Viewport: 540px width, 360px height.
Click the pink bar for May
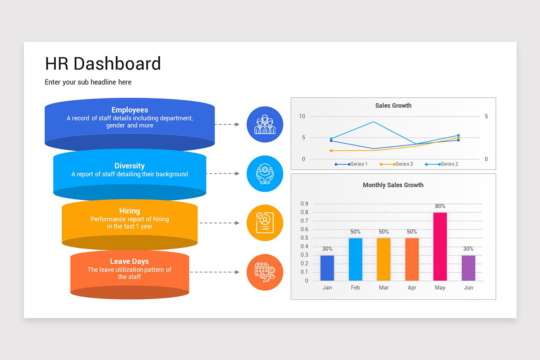440,247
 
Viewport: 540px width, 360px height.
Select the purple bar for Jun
468,268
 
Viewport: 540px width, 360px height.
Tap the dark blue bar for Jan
327,268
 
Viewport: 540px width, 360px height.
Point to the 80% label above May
440,206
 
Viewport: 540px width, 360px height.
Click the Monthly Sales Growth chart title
393,185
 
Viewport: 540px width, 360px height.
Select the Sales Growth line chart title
393,106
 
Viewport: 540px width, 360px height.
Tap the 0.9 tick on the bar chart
304,204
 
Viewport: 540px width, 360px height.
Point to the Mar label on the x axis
384,288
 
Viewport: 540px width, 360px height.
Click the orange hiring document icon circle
265,223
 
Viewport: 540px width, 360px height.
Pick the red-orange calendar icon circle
265,272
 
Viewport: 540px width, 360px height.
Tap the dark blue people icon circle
265,125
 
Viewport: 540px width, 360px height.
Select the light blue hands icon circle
265,174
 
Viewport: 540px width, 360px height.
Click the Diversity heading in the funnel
130,166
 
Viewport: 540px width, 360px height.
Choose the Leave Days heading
130,261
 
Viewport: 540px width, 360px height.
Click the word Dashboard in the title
117,64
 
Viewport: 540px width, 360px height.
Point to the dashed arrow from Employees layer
227,124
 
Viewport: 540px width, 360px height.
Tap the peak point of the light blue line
373,122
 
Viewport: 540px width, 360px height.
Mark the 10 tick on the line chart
302,117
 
